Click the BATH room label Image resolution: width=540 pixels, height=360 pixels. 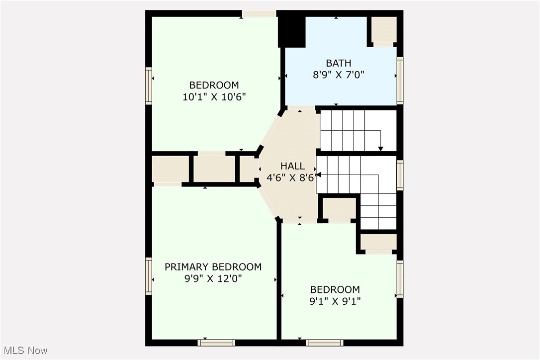point(339,63)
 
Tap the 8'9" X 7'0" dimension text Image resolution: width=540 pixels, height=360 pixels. point(339,75)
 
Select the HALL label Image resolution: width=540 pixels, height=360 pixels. point(292,166)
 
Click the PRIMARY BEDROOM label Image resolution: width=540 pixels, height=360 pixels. point(213,267)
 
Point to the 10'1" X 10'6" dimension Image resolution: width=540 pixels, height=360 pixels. point(214,96)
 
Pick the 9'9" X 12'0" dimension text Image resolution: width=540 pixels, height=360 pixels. point(213,278)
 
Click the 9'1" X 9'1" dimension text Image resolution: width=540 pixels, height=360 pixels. point(335,301)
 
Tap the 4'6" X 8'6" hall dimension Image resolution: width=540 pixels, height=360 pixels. point(291,178)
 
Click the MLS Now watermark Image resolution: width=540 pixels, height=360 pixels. point(24,351)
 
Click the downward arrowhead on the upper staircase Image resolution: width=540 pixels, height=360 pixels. point(381,148)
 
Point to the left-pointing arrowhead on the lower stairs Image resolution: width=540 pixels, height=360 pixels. point(319,175)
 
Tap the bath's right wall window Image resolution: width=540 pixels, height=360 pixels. point(400,81)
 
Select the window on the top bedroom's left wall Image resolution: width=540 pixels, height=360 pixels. point(148,86)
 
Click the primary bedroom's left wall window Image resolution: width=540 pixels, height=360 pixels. point(148,276)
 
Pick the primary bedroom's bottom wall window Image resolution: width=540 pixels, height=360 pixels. point(216,342)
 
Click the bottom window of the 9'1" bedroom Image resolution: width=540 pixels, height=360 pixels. point(324,342)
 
